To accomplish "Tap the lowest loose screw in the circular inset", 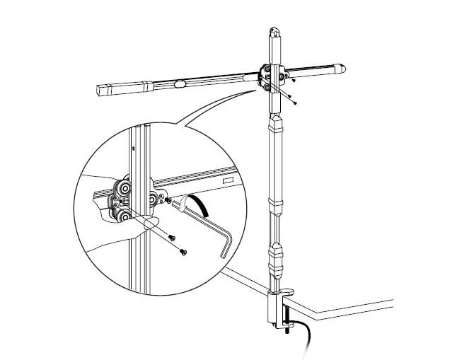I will click(x=183, y=251).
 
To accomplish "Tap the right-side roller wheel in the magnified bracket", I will click(x=154, y=202).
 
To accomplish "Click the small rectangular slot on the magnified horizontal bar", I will click(x=228, y=181).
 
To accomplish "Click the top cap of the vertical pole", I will click(x=274, y=32).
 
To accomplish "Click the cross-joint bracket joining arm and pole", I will click(x=272, y=77).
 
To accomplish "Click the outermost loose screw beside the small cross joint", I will click(x=295, y=103).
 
